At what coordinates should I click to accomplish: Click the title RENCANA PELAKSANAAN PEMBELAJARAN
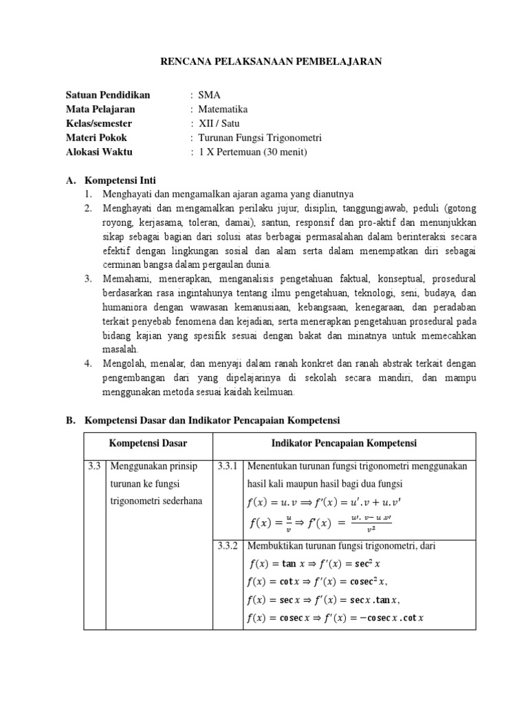270,61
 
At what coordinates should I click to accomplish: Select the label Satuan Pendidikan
107,95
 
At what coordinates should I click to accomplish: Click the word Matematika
223,109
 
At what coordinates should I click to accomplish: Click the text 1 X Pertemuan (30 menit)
252,152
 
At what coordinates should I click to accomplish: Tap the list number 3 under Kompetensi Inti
89,279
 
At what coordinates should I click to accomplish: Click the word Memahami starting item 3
126,279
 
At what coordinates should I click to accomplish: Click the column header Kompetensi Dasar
148,443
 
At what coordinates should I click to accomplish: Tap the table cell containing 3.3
95,466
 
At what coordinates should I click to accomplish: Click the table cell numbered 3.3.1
227,466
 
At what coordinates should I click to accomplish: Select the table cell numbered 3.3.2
227,546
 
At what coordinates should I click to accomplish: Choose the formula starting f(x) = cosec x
334,618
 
